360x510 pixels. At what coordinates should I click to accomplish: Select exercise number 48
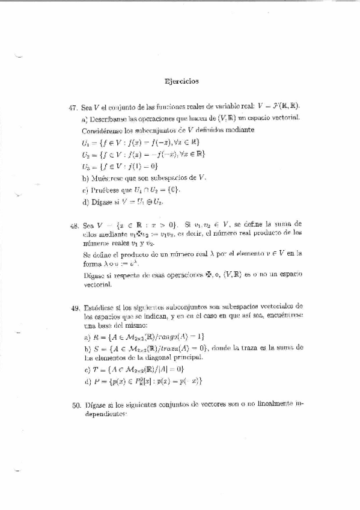[75, 224]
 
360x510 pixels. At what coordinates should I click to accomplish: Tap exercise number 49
[75, 307]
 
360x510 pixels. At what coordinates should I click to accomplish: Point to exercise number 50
[76, 405]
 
